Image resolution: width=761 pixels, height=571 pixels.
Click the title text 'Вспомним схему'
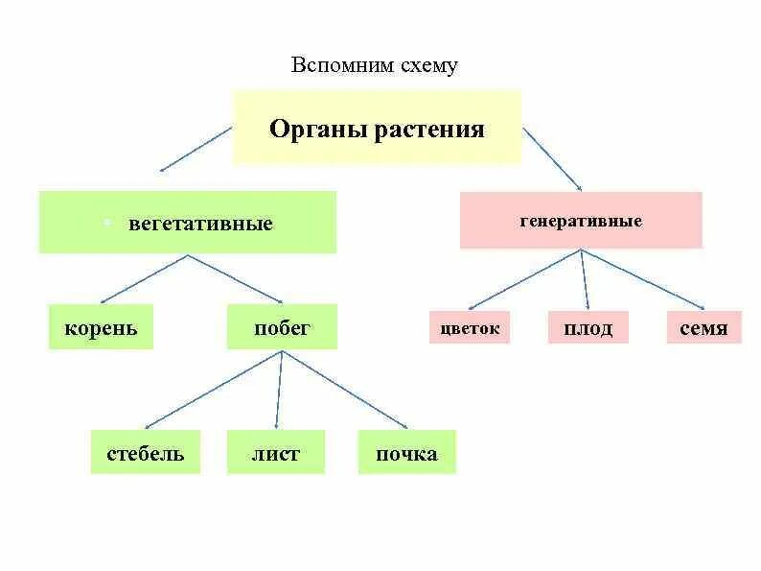375,66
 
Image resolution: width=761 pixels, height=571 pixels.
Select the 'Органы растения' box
377,128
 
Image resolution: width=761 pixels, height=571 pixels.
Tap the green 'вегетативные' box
188,223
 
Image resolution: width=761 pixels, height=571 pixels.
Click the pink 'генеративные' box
581,221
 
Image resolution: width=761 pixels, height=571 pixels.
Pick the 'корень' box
101,328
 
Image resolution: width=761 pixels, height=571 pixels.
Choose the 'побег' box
282,328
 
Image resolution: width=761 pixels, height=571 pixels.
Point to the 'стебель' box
146,453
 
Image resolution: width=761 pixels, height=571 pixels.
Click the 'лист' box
276,453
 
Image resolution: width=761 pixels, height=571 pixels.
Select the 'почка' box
407,453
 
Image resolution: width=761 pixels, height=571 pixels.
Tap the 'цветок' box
470,328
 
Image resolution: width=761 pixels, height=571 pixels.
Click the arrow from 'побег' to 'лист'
279,389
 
